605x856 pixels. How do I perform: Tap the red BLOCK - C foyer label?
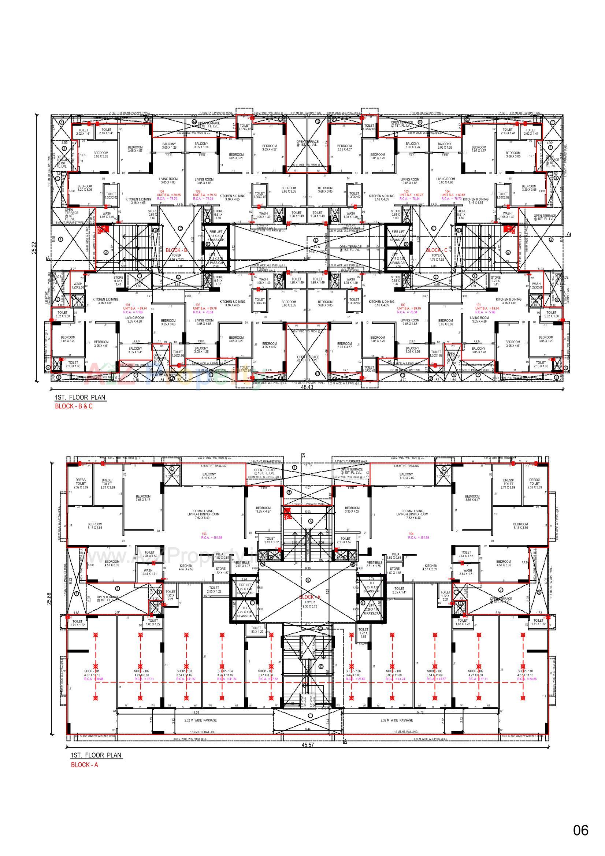437,250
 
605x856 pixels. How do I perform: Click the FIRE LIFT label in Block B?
216,232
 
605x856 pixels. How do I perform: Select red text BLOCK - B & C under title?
74,406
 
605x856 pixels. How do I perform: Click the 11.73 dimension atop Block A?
308,465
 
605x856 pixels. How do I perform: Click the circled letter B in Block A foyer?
308,580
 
